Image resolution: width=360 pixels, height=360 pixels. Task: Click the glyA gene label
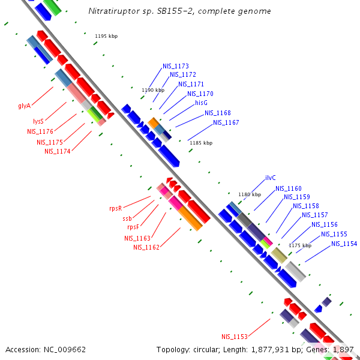pyautogui.click(x=24, y=106)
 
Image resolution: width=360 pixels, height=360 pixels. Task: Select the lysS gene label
pyautogui.click(x=38, y=121)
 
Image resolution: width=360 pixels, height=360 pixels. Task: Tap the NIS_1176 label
pyautogui.click(x=40, y=131)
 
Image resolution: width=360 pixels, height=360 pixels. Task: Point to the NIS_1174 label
pyautogui.click(x=58, y=151)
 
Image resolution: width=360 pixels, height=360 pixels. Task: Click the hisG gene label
pyautogui.click(x=201, y=103)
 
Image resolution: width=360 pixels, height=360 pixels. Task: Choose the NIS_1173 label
pyautogui.click(x=176, y=66)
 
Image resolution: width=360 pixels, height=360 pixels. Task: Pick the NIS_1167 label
pyautogui.click(x=226, y=122)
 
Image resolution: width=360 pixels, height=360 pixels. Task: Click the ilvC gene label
pyautogui.click(x=271, y=178)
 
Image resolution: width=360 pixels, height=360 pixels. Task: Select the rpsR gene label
pyautogui.click(x=116, y=208)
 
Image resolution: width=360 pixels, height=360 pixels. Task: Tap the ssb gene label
pyautogui.click(x=127, y=218)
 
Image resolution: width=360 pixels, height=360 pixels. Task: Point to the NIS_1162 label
pyautogui.click(x=146, y=247)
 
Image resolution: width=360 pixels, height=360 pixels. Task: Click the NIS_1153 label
pyautogui.click(x=234, y=337)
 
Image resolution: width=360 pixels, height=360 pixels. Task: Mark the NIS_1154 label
pyautogui.click(x=344, y=244)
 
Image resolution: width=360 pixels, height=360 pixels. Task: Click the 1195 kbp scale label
pyautogui.click(x=106, y=36)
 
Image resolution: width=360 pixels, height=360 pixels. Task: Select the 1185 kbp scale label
pyautogui.click(x=201, y=143)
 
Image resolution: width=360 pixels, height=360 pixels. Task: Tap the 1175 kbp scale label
pyautogui.click(x=300, y=245)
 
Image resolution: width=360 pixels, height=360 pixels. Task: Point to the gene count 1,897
pyautogui.click(x=343, y=349)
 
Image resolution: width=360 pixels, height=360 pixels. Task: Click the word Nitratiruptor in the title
pyautogui.click(x=112, y=11)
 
